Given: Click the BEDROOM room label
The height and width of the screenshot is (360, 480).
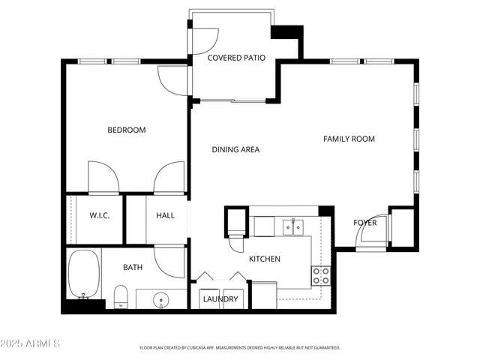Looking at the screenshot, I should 126,130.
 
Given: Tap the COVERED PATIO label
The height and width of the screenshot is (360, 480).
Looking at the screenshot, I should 236,58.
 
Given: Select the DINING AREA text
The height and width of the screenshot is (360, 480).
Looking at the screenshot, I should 235,150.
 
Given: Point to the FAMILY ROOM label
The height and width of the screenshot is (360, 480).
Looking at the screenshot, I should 349,139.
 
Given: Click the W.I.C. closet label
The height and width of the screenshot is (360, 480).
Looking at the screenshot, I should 100,216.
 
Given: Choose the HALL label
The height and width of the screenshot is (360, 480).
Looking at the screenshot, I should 165,216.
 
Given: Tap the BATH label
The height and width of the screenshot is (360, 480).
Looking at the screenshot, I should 133,267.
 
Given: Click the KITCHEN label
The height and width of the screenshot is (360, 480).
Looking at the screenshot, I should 265,259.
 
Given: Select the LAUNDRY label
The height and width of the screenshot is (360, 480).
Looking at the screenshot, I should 220,300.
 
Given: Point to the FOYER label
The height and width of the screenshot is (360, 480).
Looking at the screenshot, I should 365,223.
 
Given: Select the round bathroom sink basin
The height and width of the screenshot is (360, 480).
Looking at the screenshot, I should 161,301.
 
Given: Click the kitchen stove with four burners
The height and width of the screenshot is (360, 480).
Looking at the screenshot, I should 321,276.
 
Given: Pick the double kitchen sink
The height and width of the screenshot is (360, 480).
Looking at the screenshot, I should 292,226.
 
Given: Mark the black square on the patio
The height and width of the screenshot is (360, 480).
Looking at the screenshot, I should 286,32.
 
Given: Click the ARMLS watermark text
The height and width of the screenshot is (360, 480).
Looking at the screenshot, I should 31,343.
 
